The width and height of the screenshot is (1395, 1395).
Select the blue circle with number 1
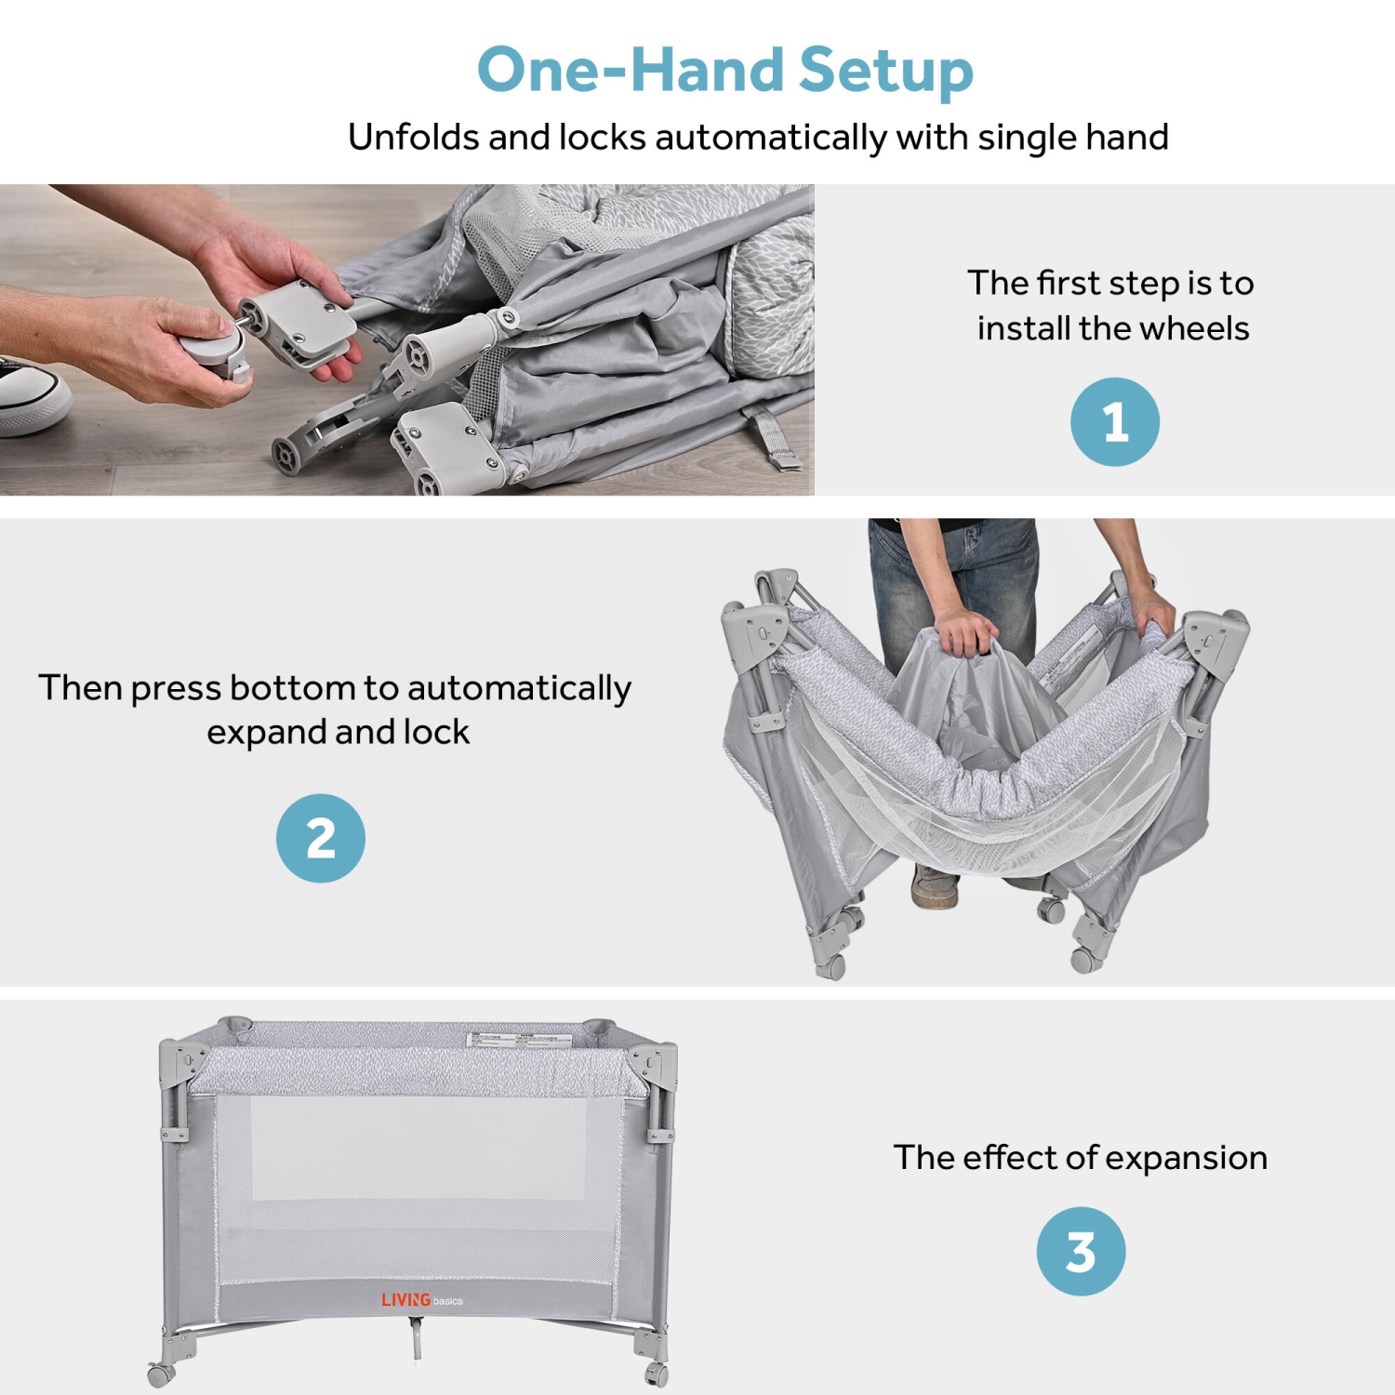coord(1114,421)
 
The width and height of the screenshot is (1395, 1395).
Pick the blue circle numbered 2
coord(321,837)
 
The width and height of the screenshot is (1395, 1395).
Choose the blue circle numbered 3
coord(1081,1251)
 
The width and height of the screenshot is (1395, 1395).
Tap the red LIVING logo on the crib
coord(406,1299)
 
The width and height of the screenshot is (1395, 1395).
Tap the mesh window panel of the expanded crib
coord(418,1181)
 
